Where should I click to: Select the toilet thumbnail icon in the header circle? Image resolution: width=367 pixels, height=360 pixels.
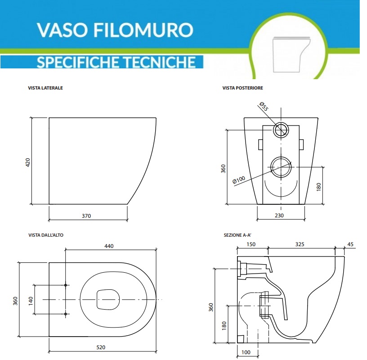click(291, 53)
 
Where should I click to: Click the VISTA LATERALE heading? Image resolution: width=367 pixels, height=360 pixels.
click(45, 88)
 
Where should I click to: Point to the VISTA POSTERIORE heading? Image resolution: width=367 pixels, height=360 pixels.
click(243, 88)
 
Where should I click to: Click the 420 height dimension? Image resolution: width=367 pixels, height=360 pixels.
click(27, 162)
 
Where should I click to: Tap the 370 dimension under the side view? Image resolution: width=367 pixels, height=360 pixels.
click(86, 216)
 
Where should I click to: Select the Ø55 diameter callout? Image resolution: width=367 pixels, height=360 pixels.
click(264, 107)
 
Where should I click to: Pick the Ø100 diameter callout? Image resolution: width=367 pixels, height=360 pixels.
click(239, 180)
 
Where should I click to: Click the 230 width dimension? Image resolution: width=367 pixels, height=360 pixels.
click(280, 216)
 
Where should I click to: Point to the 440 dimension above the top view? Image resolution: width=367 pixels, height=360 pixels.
click(109, 246)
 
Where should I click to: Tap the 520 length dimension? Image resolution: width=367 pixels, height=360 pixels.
click(102, 347)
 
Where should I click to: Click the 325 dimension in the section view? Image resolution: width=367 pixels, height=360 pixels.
click(300, 244)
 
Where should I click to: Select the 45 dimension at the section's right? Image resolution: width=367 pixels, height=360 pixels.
click(351, 244)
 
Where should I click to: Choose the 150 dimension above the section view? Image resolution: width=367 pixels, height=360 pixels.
click(251, 244)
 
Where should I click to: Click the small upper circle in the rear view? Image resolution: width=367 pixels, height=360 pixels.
click(281, 130)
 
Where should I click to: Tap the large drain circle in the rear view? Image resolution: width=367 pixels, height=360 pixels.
click(281, 167)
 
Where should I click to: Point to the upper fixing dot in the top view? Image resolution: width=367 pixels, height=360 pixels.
click(66, 285)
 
